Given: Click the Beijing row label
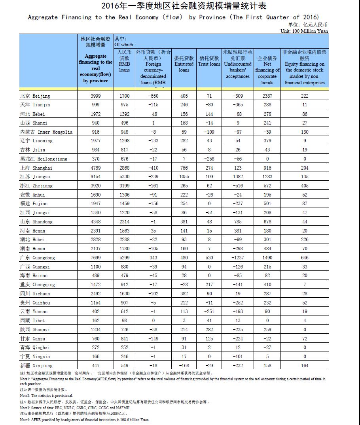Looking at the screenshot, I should tap(35, 96).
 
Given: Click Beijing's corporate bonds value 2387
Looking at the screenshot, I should tap(267, 96).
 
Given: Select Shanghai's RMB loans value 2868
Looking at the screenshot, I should tap(124, 168).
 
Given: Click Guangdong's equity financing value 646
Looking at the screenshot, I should tap(304, 258).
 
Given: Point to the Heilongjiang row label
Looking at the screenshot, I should tap(44, 159).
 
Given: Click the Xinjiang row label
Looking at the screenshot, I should tap(36, 366).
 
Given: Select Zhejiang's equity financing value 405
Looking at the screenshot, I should tap(304, 195).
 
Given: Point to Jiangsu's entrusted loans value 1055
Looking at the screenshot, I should tap(184, 186).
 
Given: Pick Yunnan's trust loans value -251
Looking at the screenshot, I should tap(209, 312).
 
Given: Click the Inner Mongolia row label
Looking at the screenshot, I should tap(46, 132).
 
